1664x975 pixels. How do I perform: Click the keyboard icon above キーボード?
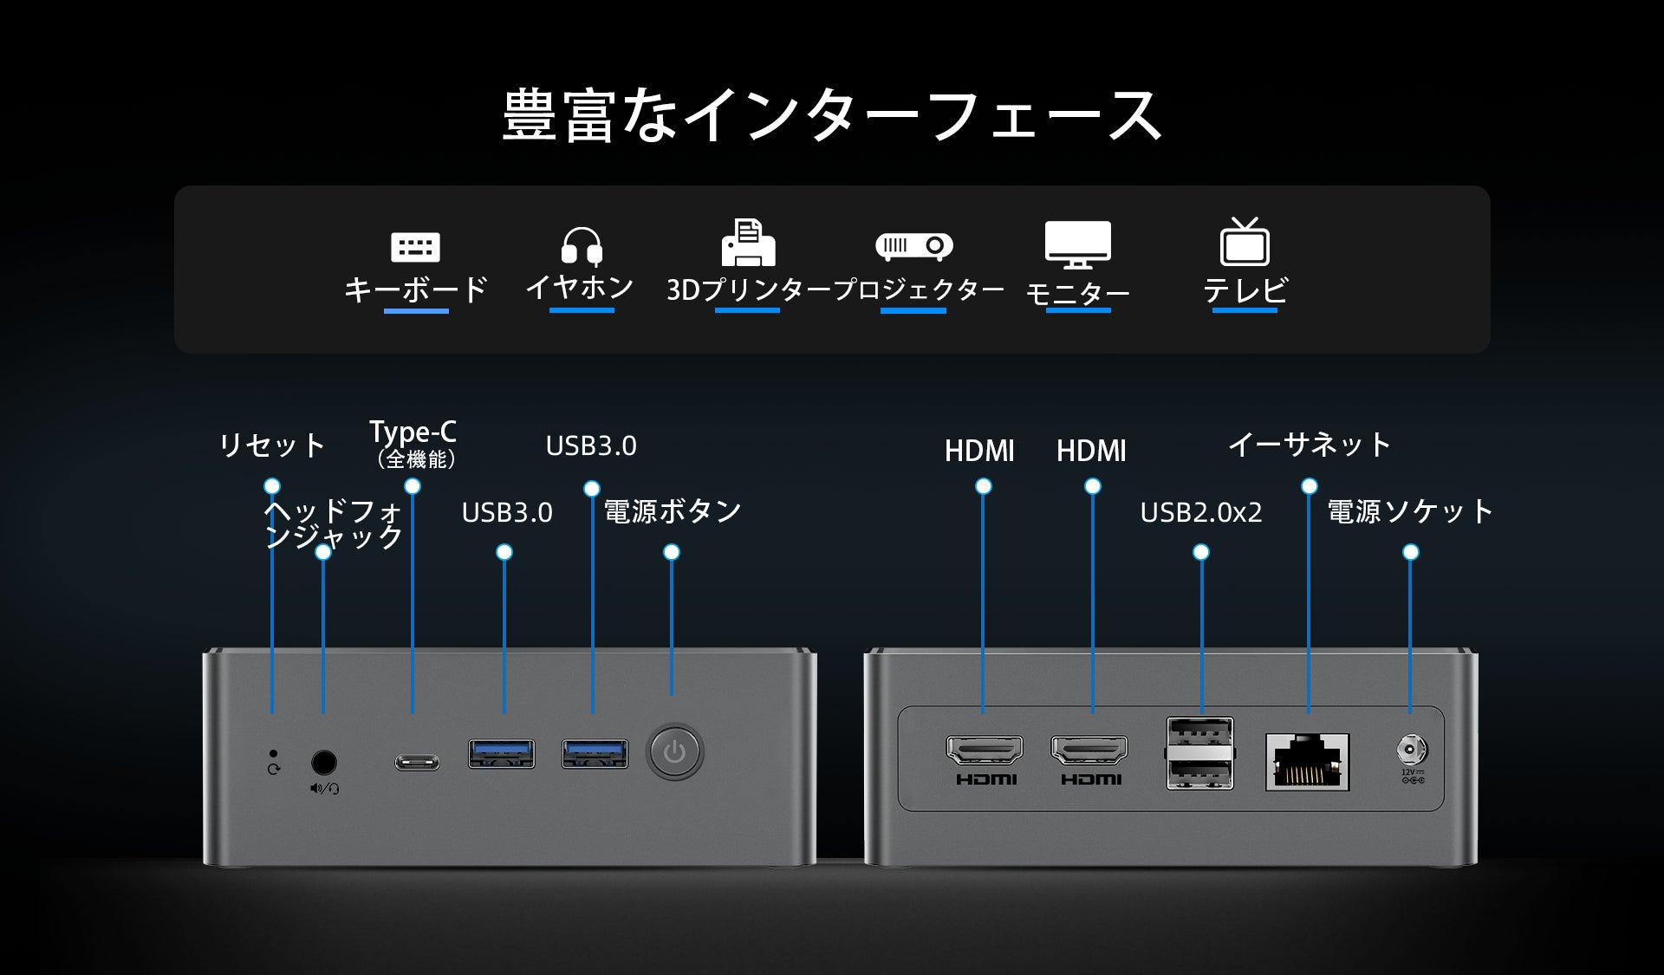coord(416,247)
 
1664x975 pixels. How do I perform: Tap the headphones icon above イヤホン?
coord(582,245)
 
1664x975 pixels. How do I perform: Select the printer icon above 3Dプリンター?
coord(748,243)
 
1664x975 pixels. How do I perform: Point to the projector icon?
coord(913,246)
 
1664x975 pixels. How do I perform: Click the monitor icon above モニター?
coord(1077,244)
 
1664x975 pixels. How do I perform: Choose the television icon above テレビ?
coord(1245,242)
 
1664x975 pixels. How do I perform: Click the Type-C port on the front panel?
coord(417,762)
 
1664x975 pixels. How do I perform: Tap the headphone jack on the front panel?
coord(323,762)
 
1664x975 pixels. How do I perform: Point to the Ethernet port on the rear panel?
coord(1307,761)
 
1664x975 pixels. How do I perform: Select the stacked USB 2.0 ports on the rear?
coord(1200,752)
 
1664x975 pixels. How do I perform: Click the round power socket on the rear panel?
coord(1411,749)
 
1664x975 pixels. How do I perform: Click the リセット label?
coord(271,445)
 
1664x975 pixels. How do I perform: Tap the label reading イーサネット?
coord(1309,445)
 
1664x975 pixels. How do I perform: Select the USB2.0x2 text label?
coord(1200,512)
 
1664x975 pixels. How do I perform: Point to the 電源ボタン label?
coord(672,511)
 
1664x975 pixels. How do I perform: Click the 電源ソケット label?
coord(1410,511)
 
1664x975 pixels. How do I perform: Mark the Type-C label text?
coord(413,432)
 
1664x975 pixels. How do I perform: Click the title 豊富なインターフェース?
coord(832,115)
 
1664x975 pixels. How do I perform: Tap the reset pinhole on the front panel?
coord(274,753)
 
